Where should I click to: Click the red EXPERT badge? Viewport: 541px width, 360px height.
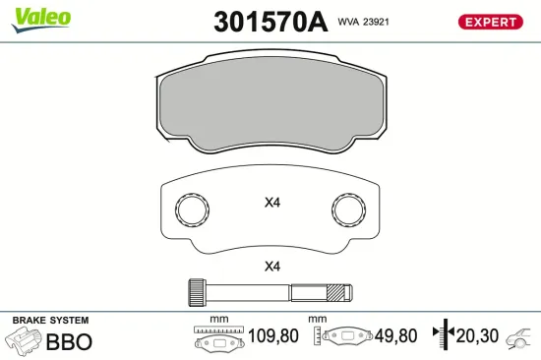489,22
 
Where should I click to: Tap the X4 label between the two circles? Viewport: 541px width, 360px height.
272,204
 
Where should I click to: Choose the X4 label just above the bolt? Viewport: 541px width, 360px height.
272,267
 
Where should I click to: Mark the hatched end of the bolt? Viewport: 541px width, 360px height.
339,292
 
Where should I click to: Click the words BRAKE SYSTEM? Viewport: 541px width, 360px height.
49,321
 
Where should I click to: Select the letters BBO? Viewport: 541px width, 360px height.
70,342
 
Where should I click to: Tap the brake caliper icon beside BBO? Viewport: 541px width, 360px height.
25,341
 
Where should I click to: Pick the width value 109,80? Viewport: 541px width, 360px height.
274,336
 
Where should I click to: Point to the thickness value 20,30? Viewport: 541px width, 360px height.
477,336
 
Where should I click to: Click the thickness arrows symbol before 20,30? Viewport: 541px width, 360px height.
446,336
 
